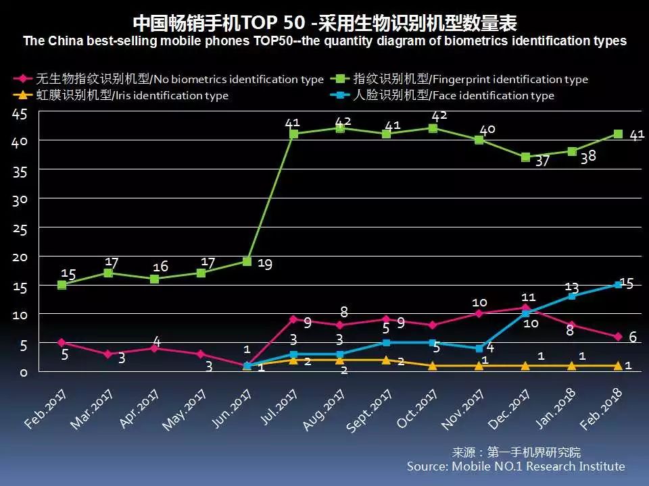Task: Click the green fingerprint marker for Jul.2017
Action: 293,134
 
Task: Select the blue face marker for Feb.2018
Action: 618,285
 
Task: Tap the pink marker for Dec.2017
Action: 525,308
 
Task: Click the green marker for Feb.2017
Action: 62,285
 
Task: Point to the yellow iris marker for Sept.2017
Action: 386,360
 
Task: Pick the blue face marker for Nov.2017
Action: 479,348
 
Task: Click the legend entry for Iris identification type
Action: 122,96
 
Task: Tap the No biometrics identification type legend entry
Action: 169,80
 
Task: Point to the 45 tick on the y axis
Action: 20,114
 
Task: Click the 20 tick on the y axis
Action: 20,257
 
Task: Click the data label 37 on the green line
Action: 543,162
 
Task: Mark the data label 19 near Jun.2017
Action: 265,264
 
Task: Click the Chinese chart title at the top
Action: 324,23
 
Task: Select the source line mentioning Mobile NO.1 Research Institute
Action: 516,466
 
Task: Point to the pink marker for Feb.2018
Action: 618,337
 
